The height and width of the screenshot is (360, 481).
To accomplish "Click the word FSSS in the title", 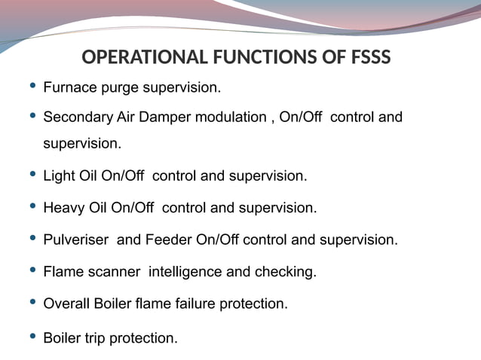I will pyautogui.click(x=366, y=57).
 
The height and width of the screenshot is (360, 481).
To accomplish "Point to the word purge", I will pyautogui.click(x=113, y=89).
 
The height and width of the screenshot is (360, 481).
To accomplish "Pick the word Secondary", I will pyautogui.click(x=78, y=117).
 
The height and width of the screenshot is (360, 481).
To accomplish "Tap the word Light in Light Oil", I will pyautogui.click(x=59, y=176).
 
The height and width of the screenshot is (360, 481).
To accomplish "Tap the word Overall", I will pyautogui.click(x=67, y=304).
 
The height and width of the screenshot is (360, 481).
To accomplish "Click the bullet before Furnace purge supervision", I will pyautogui.click(x=31, y=87).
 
